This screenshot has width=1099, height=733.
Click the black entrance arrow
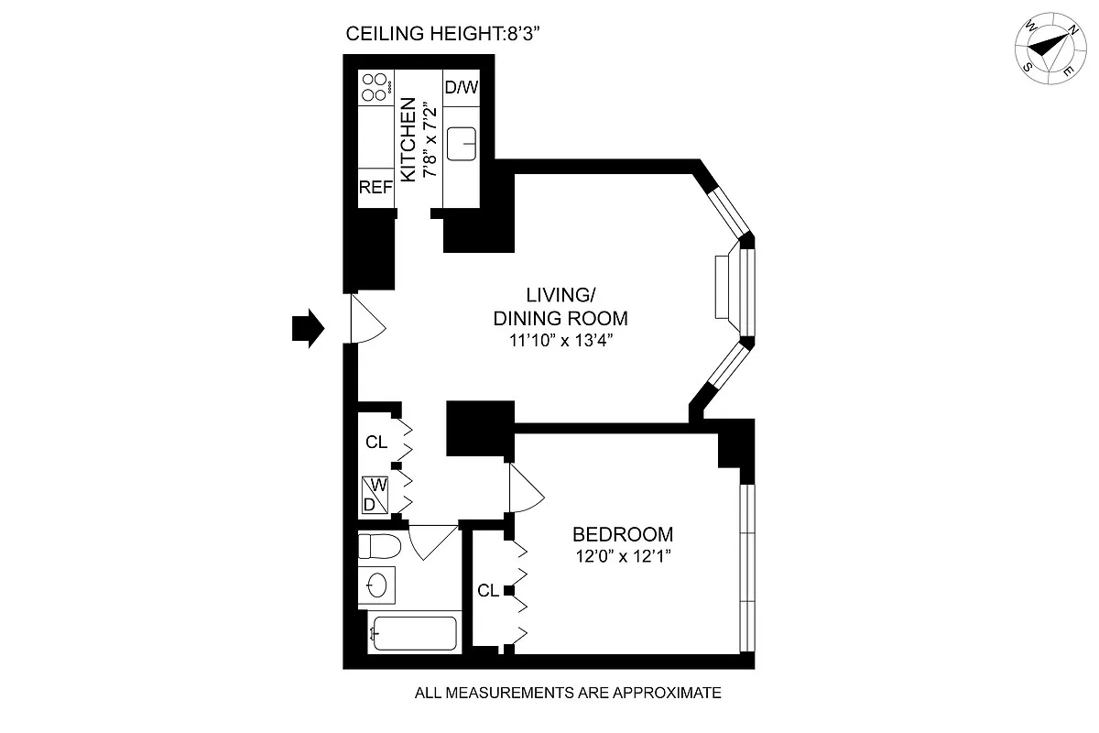[308, 328]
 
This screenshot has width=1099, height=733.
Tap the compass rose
[1050, 49]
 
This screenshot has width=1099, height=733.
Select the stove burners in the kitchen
[376, 87]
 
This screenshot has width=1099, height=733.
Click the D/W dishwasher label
[462, 87]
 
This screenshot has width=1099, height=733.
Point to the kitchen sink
[462, 144]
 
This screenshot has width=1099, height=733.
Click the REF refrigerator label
[375, 187]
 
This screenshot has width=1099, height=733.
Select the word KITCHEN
[408, 139]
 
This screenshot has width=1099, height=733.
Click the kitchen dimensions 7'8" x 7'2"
[430, 139]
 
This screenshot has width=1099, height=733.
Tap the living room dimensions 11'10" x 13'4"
[561, 340]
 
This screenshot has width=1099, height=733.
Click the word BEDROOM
[623, 534]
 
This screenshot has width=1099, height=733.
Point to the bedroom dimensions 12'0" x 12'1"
[623, 556]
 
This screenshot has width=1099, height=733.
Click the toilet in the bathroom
[379, 546]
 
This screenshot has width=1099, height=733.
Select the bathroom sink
[376, 585]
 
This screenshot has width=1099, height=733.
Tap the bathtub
[415, 633]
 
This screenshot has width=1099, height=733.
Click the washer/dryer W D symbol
[375, 495]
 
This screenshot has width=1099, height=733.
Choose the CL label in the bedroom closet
[488, 591]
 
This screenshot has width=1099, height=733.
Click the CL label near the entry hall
[376, 443]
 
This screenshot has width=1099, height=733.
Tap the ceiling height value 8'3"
[524, 33]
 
